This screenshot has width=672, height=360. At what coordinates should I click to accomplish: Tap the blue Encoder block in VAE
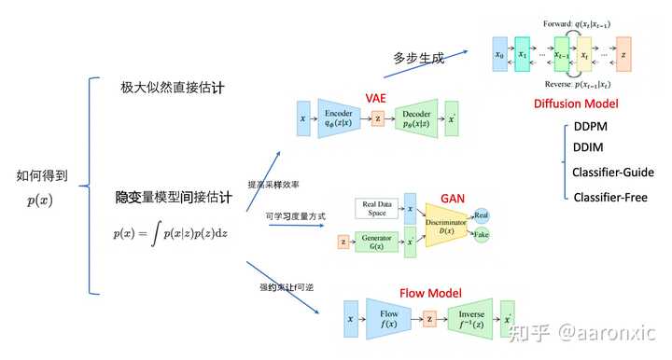point(338,119)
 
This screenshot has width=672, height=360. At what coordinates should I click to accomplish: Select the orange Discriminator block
point(447,224)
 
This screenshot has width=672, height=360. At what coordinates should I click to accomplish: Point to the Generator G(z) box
point(378,242)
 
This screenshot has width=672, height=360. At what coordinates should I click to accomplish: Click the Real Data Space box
point(378,210)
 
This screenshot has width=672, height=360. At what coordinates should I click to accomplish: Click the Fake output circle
point(482,235)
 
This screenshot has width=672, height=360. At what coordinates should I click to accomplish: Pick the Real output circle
point(482,215)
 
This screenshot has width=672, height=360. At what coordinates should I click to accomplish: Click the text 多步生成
point(419,58)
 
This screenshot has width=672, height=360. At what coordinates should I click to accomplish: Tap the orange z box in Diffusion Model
point(623,55)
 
